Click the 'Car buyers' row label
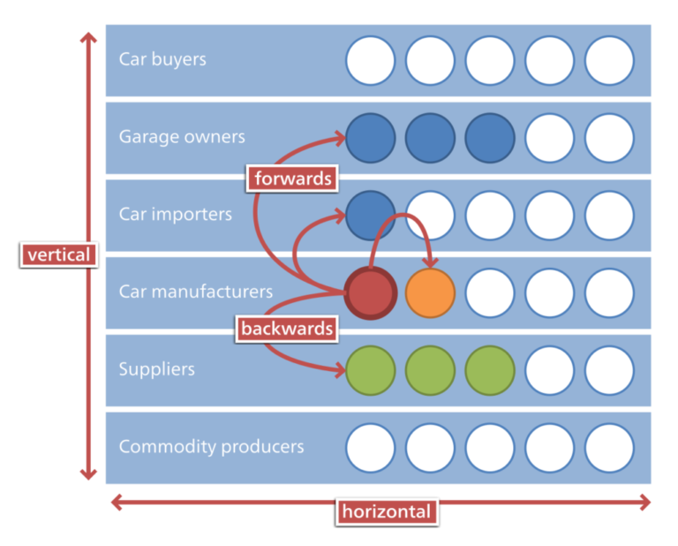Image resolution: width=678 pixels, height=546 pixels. pyautogui.click(x=162, y=60)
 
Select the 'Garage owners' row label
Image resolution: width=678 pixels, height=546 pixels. pyautogui.click(x=182, y=137)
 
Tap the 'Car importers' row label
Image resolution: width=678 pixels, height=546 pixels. pyautogui.click(x=176, y=214)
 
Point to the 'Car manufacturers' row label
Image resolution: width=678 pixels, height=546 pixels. pyautogui.click(x=196, y=292)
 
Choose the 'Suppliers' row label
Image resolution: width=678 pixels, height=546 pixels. pyautogui.click(x=156, y=368)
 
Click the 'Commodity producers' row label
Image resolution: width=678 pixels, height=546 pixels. pyautogui.click(x=211, y=446)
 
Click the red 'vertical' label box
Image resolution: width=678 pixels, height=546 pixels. pyautogui.click(x=58, y=254)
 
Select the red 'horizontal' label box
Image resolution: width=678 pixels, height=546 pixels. pyautogui.click(x=387, y=511)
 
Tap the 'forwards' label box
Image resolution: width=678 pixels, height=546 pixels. pyautogui.click(x=292, y=178)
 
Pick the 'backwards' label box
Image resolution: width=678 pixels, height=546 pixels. pyautogui.click(x=288, y=329)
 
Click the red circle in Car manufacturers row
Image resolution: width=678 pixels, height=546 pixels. pyautogui.click(x=370, y=292)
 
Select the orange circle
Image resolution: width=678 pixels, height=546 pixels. pyautogui.click(x=430, y=292)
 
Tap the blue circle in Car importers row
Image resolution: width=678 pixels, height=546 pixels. pyautogui.click(x=370, y=215)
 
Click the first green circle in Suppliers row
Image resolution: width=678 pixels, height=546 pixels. pyautogui.click(x=370, y=370)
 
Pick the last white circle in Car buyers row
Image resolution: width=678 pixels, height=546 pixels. pyautogui.click(x=609, y=60)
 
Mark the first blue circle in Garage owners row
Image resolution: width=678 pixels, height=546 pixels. pyautogui.click(x=370, y=138)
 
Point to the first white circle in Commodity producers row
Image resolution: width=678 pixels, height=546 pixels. pyautogui.click(x=370, y=447)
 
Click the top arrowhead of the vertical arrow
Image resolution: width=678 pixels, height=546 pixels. pyautogui.click(x=88, y=38)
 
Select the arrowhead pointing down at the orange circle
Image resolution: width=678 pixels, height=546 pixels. pyautogui.click(x=431, y=262)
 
